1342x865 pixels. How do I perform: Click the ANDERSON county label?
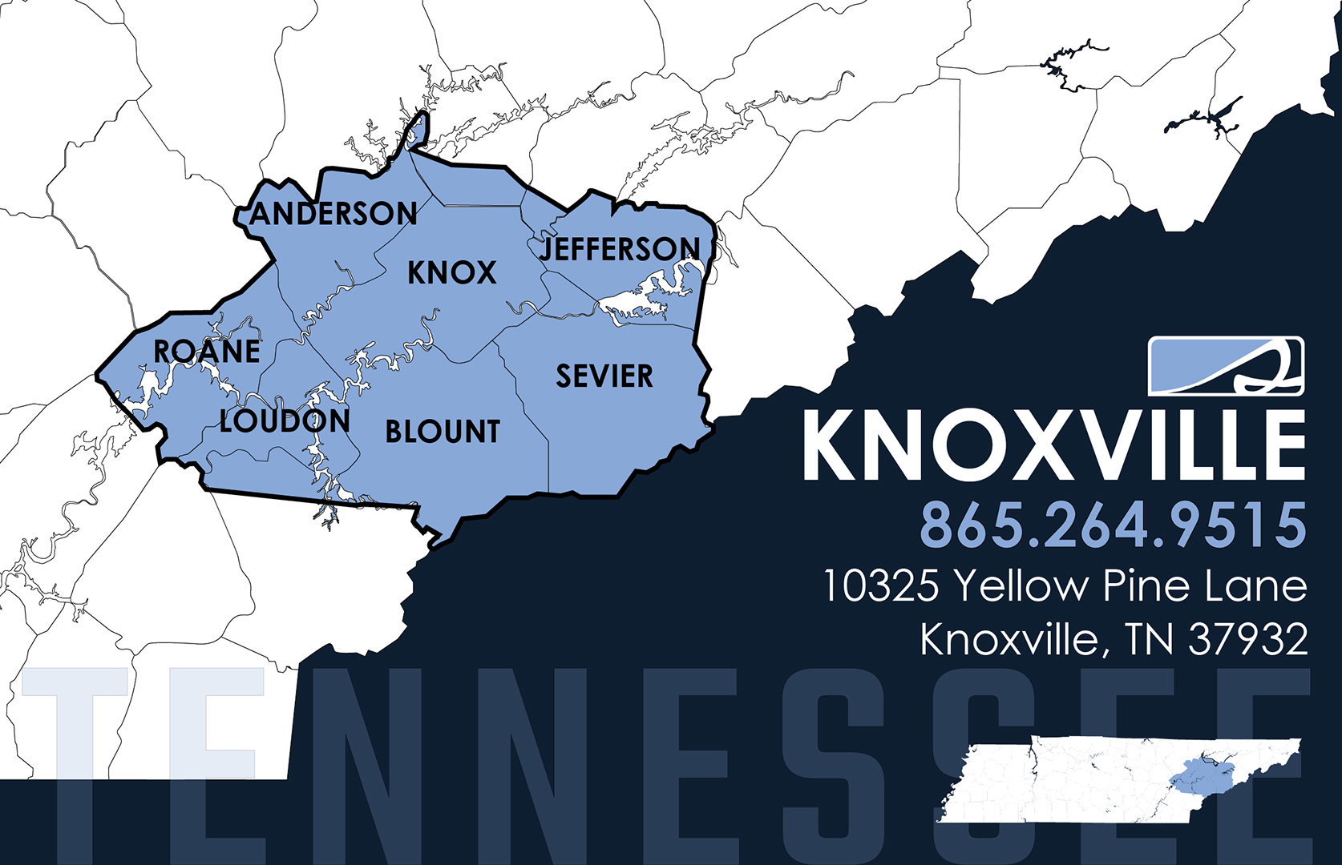click(333, 214)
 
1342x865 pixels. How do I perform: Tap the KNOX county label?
click(451, 273)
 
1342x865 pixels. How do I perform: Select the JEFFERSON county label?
click(620, 249)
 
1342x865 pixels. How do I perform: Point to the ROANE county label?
click(207, 352)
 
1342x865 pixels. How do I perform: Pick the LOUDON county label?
click(285, 421)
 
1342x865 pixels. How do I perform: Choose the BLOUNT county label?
click(443, 432)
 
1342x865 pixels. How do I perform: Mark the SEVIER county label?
click(604, 376)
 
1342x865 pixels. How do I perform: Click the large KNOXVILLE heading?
click(1054, 446)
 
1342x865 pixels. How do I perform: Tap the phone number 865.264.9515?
click(1113, 525)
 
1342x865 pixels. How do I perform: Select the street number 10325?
click(880, 586)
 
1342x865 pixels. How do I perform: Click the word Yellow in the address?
click(1020, 586)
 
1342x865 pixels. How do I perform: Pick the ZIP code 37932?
click(1247, 639)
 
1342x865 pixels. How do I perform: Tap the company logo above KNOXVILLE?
click(1226, 366)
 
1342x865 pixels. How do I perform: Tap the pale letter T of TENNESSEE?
click(76, 721)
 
